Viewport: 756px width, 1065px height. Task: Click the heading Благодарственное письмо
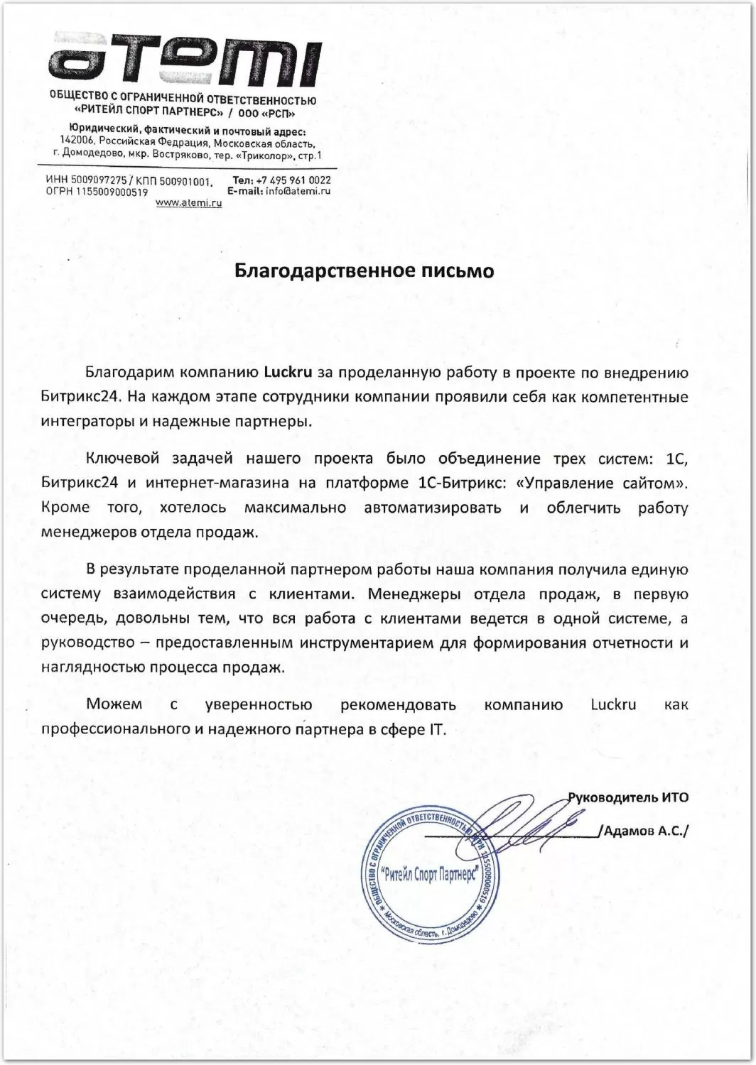point(364,271)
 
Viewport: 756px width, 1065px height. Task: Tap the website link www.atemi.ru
point(188,204)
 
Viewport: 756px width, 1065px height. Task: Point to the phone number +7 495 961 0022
point(295,180)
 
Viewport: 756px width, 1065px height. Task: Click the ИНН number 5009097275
point(99,181)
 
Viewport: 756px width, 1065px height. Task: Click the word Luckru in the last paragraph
point(613,705)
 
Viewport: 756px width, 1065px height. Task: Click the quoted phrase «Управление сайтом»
point(603,484)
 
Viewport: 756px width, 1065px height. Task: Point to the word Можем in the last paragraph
point(114,705)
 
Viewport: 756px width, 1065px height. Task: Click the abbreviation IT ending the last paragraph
point(433,730)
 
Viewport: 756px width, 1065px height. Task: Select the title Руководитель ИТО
point(628,797)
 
